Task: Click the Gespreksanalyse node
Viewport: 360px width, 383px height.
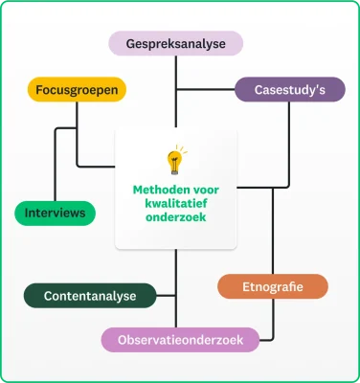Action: pos(175,43)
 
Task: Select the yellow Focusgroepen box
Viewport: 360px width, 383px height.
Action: pos(77,90)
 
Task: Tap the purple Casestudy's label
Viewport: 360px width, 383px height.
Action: pos(289,90)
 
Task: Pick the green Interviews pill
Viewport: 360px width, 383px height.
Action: pos(55,213)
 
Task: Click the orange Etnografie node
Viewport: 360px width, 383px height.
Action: pos(273,286)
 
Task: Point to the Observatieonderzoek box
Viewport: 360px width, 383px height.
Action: pos(180,339)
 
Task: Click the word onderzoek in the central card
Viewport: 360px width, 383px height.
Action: pos(176,217)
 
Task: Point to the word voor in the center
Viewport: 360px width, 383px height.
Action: pos(205,189)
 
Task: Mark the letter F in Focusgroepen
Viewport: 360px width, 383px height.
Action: pos(39,90)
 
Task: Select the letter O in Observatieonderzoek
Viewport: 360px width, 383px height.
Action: pos(122,339)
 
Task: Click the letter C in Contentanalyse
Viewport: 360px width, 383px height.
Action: pos(48,296)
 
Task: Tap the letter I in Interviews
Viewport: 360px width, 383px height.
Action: pos(27,213)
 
